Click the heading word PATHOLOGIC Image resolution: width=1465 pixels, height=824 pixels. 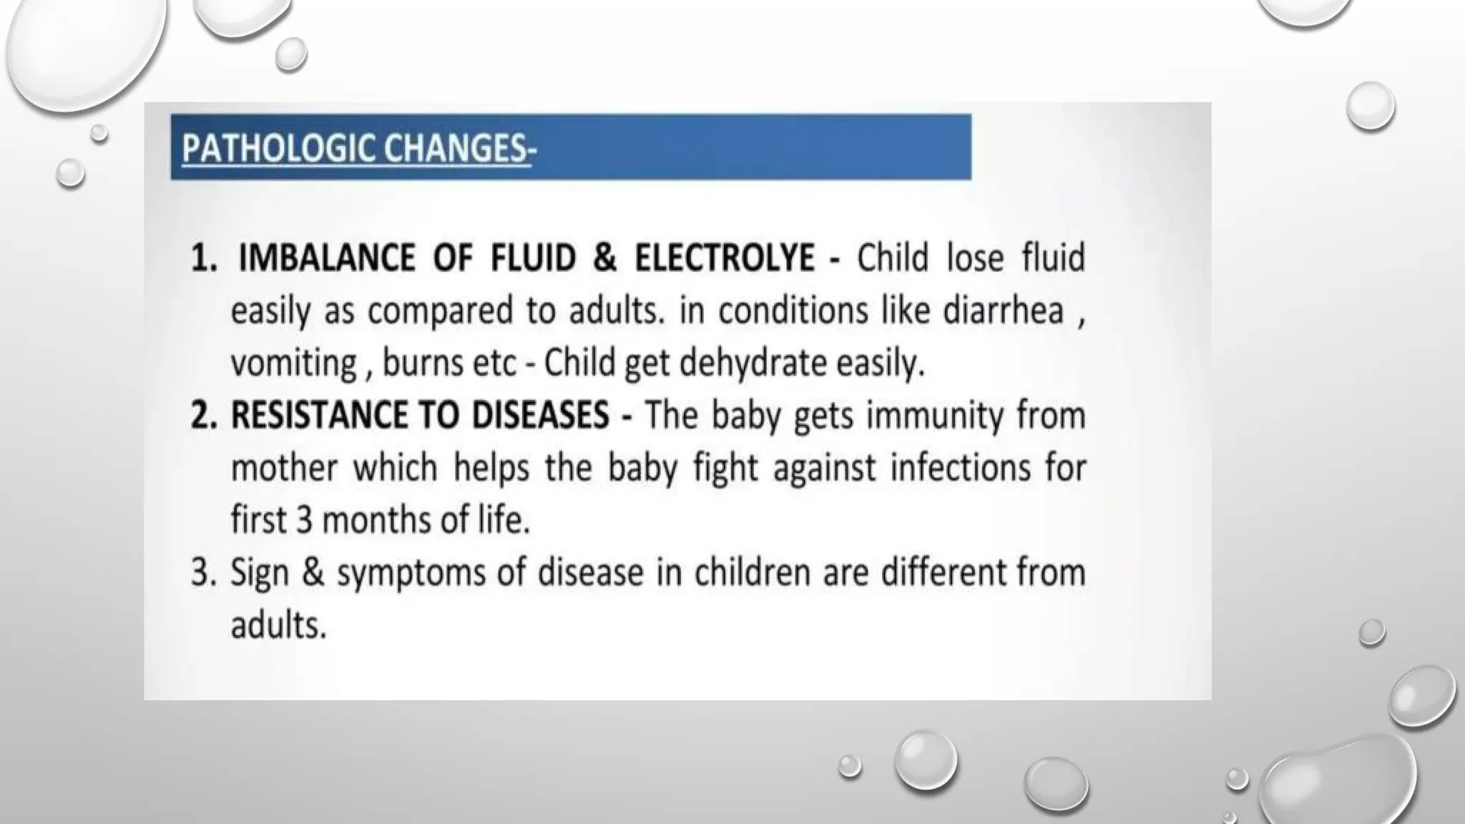tap(278, 149)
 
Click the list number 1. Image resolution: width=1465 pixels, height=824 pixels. tap(203, 259)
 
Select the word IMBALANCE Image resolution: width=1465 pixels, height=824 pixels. tap(326, 259)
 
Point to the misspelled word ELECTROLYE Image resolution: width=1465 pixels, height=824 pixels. tap(725, 259)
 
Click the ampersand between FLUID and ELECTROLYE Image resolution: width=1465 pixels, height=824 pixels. tap(604, 259)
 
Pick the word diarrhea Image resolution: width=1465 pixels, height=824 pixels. tap(1003, 311)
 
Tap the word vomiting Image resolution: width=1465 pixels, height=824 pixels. tap(293, 363)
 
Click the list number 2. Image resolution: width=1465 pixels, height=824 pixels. tap(203, 416)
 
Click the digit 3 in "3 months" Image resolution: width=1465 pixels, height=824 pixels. tap(304, 520)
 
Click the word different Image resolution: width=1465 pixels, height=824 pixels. tap(946, 572)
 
